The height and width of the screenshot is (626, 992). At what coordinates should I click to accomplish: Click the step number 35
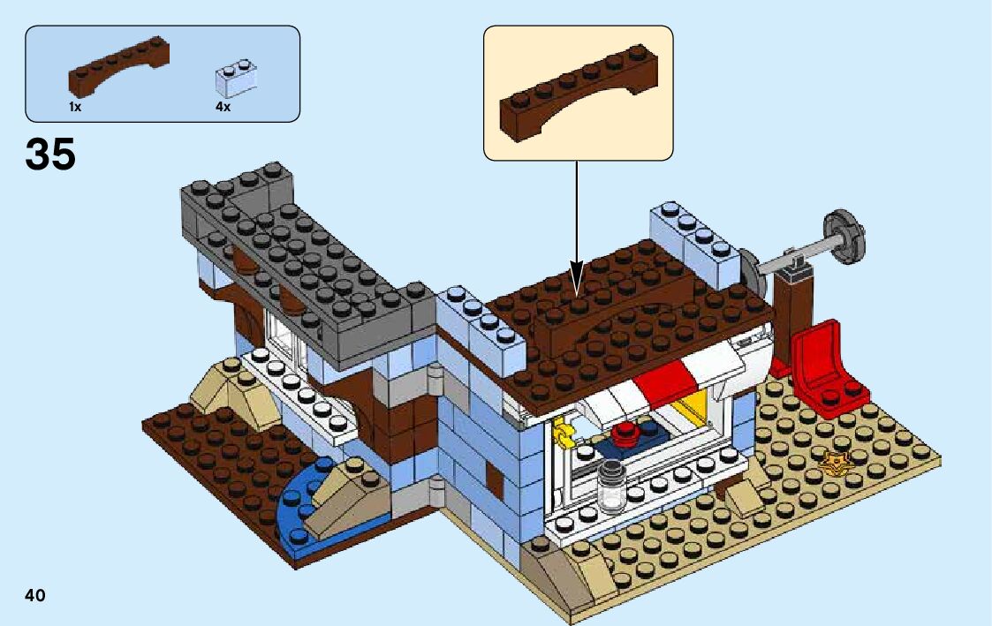click(x=50, y=155)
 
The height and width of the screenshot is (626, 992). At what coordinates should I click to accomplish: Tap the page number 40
click(x=35, y=595)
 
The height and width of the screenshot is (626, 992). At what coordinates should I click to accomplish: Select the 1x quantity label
click(x=75, y=107)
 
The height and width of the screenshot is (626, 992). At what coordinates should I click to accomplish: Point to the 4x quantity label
click(x=223, y=107)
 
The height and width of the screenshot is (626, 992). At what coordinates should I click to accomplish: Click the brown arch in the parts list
click(x=119, y=69)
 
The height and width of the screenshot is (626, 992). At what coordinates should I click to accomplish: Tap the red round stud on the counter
click(x=627, y=433)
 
